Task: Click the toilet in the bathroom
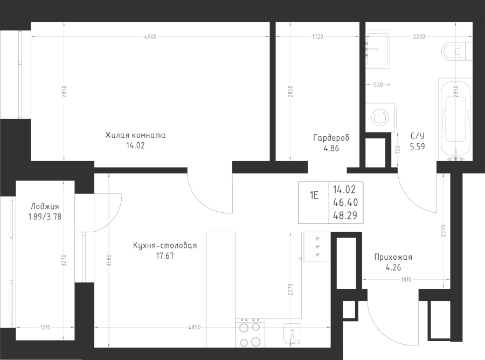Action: click(x=457, y=51)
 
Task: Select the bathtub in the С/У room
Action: click(x=455, y=120)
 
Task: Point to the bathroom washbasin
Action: click(x=377, y=49)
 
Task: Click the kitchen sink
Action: click(x=292, y=334)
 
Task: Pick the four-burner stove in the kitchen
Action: click(x=250, y=333)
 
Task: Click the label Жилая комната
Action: click(x=135, y=135)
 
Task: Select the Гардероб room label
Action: click(x=331, y=137)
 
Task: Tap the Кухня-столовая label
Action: click(x=165, y=246)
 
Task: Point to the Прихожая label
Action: click(x=393, y=257)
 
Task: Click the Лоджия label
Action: click(x=45, y=206)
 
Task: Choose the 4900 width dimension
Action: click(x=150, y=37)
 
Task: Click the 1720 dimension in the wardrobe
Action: click(x=317, y=37)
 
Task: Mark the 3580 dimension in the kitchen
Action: click(x=108, y=260)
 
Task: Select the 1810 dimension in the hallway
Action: click(x=406, y=280)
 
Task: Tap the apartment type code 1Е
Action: click(x=314, y=196)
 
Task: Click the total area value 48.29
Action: click(x=345, y=215)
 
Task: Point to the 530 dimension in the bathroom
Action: click(x=378, y=85)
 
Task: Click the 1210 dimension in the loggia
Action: click(x=45, y=328)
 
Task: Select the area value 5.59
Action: click(x=417, y=147)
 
